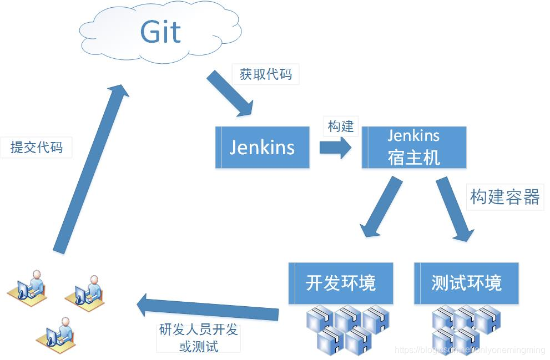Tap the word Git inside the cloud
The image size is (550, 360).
160,32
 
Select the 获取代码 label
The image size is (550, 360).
265,74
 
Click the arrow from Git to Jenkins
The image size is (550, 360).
230,94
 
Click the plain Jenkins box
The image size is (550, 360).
262,148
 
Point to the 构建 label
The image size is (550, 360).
340,126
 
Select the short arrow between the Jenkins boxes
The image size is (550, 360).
335,148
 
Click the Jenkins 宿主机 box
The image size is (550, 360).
413,148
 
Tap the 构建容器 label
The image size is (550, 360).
504,197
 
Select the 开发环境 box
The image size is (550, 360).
341,283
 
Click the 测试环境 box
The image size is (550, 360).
466,283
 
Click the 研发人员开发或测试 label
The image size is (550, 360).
198,338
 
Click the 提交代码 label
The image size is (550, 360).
36,147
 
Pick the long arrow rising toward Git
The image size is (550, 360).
89,166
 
